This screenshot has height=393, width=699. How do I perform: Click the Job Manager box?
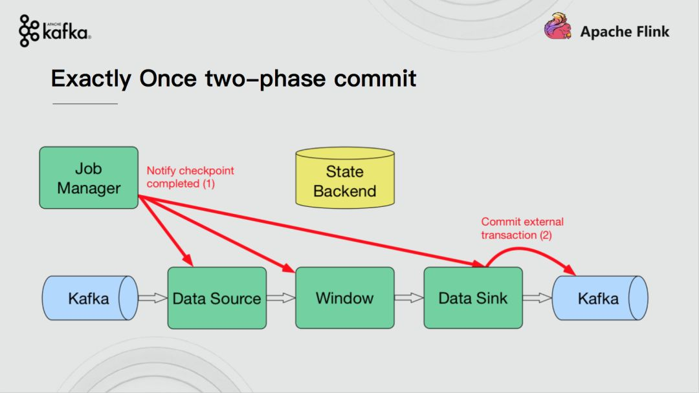pos(89,178)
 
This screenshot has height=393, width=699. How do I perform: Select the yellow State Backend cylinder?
pos(345,178)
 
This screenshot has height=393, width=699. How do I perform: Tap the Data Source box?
pos(217,298)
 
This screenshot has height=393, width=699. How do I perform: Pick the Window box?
pos(345,298)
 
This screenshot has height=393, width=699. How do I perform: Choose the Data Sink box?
pos(473,298)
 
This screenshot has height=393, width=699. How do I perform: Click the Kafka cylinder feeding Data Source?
pos(90,298)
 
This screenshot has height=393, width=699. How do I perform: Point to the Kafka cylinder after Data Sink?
pos(600,298)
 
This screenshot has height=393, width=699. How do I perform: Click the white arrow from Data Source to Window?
pos(282,298)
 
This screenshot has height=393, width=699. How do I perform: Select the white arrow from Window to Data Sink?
pos(409,298)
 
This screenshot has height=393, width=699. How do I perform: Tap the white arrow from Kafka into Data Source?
pos(153,298)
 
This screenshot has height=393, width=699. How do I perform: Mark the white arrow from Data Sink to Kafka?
pos(537,298)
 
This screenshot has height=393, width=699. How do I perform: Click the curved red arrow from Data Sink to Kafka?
pos(529,249)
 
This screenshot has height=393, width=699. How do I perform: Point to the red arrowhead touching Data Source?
pos(188,260)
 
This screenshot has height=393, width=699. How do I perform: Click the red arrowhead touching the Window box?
pos(289,267)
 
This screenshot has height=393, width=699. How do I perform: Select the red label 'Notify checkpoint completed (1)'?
pos(190,177)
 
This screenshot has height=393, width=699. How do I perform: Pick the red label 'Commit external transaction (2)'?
pos(522,228)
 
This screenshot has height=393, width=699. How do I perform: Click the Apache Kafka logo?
pos(55,30)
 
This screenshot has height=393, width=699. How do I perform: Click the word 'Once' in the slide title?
pos(168,79)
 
